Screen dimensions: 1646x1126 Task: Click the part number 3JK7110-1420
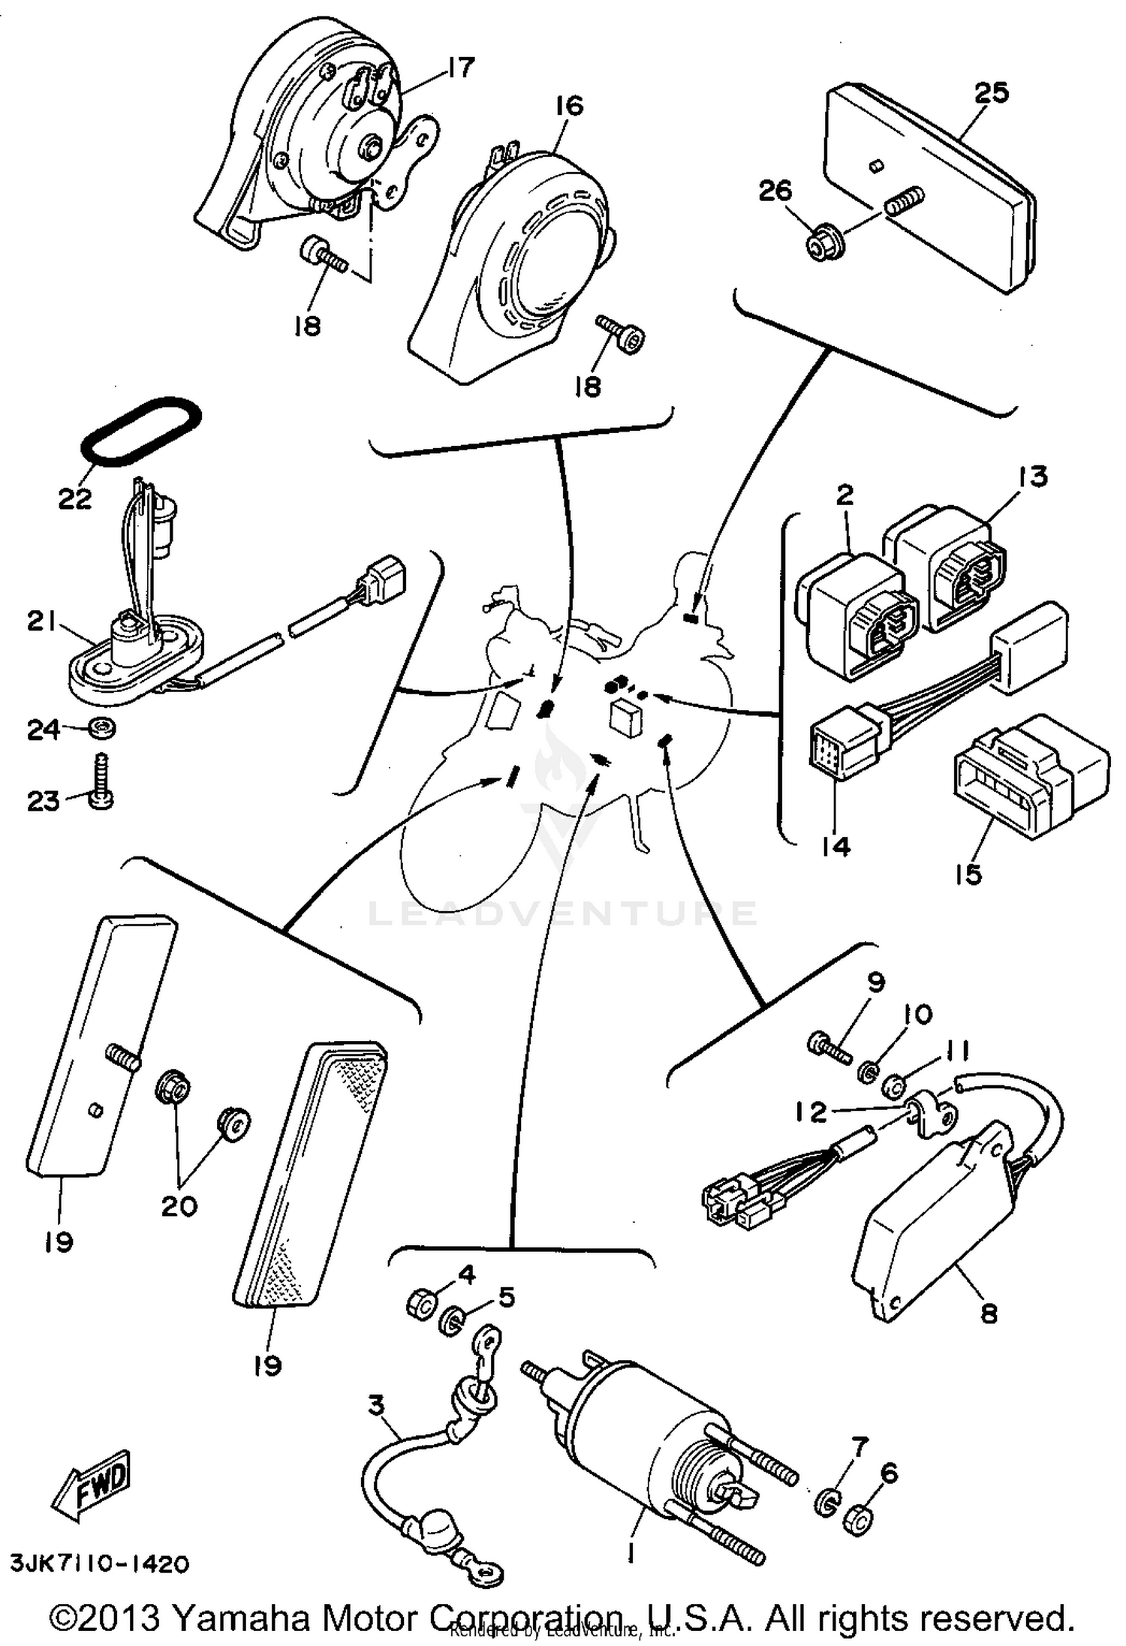pyautogui.click(x=99, y=1563)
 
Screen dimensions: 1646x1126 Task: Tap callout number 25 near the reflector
pyautogui.click(x=992, y=93)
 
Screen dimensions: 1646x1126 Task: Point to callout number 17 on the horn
pyautogui.click(x=461, y=68)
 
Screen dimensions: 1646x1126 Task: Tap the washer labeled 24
pyautogui.click(x=102, y=727)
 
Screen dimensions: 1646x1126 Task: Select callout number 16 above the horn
pyautogui.click(x=569, y=106)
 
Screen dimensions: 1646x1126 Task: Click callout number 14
pyautogui.click(x=835, y=847)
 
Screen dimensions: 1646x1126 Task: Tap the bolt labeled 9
pyautogui.click(x=829, y=1046)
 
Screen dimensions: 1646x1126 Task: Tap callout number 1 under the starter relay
pyautogui.click(x=632, y=1551)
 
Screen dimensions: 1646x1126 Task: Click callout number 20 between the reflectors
pyautogui.click(x=179, y=1206)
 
